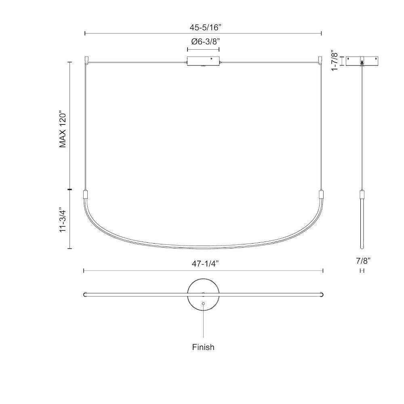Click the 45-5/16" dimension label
[x=205, y=27]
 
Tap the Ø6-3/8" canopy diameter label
[x=205, y=42]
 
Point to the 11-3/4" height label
[x=63, y=220]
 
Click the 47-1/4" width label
[x=205, y=263]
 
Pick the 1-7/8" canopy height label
[x=334, y=61]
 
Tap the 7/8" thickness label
[x=363, y=261]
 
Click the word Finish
[x=203, y=347]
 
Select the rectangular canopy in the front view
[x=203, y=61]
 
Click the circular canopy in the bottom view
[x=203, y=295]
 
